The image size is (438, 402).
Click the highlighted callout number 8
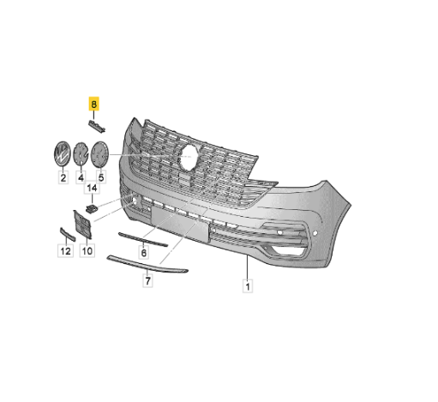coord(94,105)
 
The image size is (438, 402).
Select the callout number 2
coord(63,179)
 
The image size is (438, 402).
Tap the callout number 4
coord(81,179)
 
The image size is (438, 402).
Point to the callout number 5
coord(100,179)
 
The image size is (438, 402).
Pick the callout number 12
coord(64,251)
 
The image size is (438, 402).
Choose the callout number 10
coord(86,251)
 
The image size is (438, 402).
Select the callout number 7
coord(147,280)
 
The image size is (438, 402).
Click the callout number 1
coord(247,286)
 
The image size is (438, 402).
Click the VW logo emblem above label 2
coord(63,154)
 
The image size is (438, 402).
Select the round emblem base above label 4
coord(81,154)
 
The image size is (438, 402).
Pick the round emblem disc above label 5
coord(100,154)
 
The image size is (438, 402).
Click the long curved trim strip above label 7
coord(146,264)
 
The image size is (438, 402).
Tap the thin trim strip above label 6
coord(142,238)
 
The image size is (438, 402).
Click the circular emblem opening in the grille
coord(189,156)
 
